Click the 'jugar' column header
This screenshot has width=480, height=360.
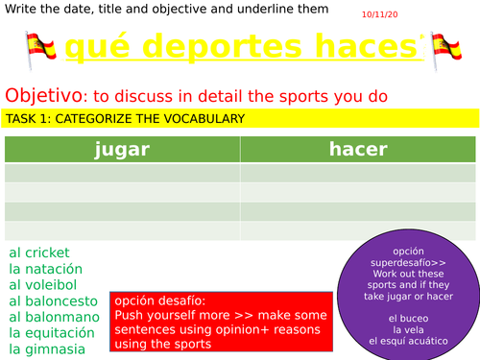(x=122, y=149)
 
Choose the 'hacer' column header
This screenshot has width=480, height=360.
(x=358, y=149)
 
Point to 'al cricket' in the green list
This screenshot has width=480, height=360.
(x=39, y=252)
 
